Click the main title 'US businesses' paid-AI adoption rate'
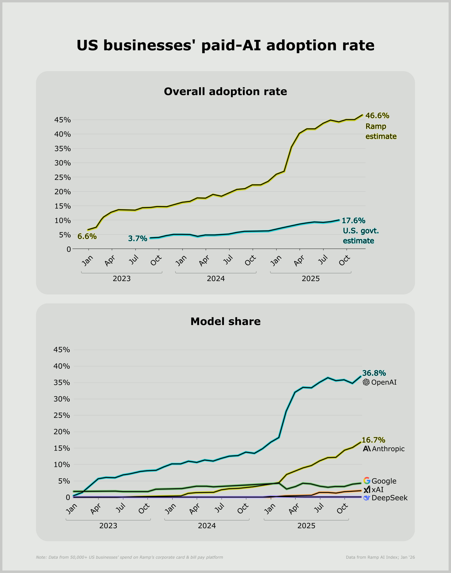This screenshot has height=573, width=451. (225, 45)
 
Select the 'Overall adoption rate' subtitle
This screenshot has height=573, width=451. (225, 91)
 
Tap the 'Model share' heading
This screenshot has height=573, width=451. (225, 321)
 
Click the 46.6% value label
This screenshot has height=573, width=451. (377, 115)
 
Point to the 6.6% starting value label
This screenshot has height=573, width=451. (87, 236)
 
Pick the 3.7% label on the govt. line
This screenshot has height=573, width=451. (138, 238)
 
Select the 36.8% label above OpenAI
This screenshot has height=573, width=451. (374, 373)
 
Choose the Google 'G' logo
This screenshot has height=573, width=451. (367, 481)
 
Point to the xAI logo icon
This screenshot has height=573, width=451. (367, 490)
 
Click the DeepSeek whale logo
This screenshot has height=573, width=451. (367, 498)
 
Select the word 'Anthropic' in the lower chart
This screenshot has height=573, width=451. (388, 449)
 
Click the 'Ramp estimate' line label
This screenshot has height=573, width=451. (381, 131)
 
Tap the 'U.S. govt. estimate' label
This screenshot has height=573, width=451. (361, 236)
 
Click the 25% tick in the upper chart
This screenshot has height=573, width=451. (62, 177)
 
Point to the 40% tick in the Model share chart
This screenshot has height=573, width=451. (62, 366)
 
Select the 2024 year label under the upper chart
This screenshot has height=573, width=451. (216, 279)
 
